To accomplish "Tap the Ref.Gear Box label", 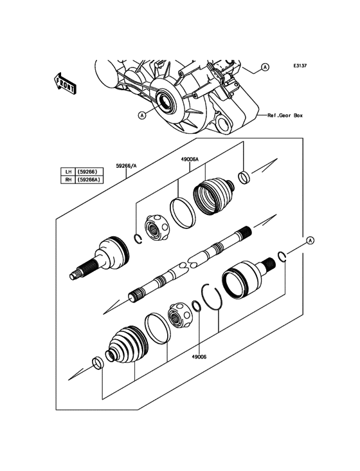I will [x=285, y=116].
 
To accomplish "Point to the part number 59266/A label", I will [x=126, y=165].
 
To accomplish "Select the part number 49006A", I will [x=190, y=158].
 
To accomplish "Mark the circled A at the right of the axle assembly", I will [x=310, y=240].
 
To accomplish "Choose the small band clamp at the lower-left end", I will [x=96, y=364].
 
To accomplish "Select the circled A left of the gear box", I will [x=141, y=115].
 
